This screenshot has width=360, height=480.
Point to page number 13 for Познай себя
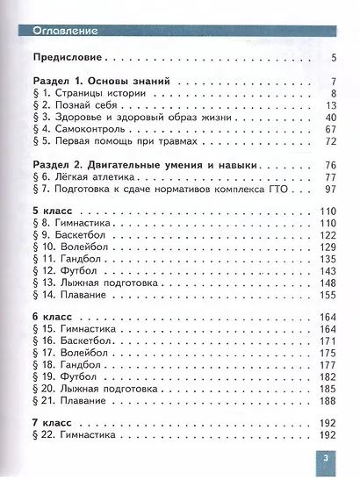coord(329,105)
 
